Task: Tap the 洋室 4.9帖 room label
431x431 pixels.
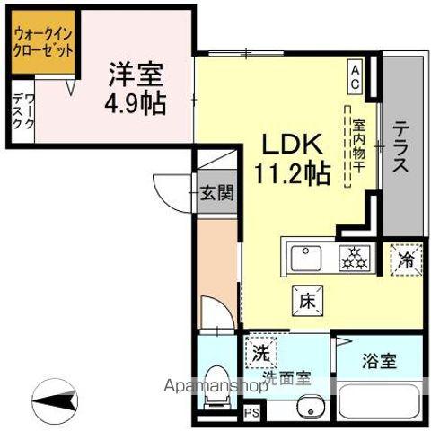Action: click(x=137, y=85)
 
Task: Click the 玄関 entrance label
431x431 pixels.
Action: click(x=216, y=191)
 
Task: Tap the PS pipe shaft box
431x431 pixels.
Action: click(x=252, y=413)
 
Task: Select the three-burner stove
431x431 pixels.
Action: click(x=353, y=259)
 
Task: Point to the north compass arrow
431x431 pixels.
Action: click(x=54, y=394)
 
